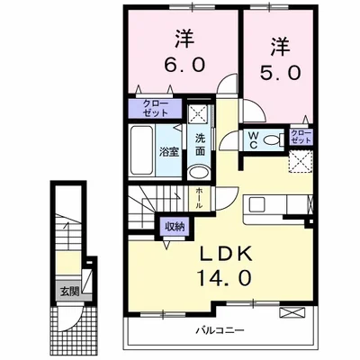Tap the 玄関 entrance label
click(x=69, y=292)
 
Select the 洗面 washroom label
click(x=201, y=146)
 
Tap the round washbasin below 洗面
click(x=202, y=173)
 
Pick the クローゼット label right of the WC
click(x=301, y=139)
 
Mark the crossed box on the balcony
click(x=292, y=313)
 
